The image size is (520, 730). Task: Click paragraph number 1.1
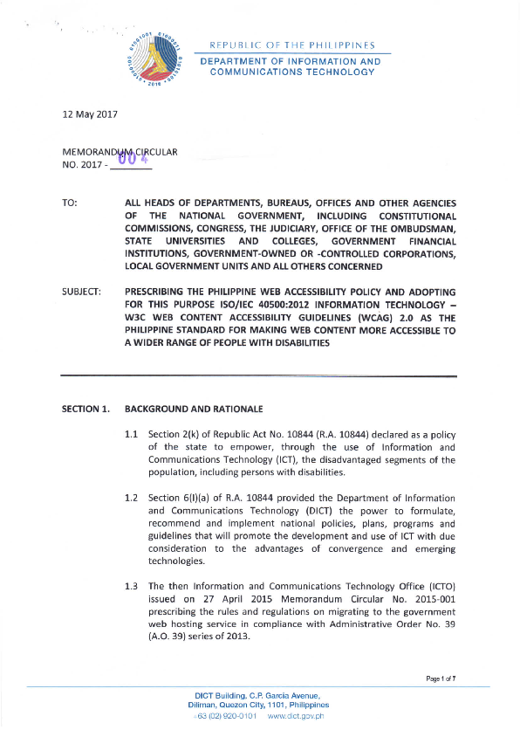click(133, 435)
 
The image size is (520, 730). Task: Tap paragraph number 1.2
click(133, 497)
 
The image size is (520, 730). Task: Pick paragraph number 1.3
click(133, 586)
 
